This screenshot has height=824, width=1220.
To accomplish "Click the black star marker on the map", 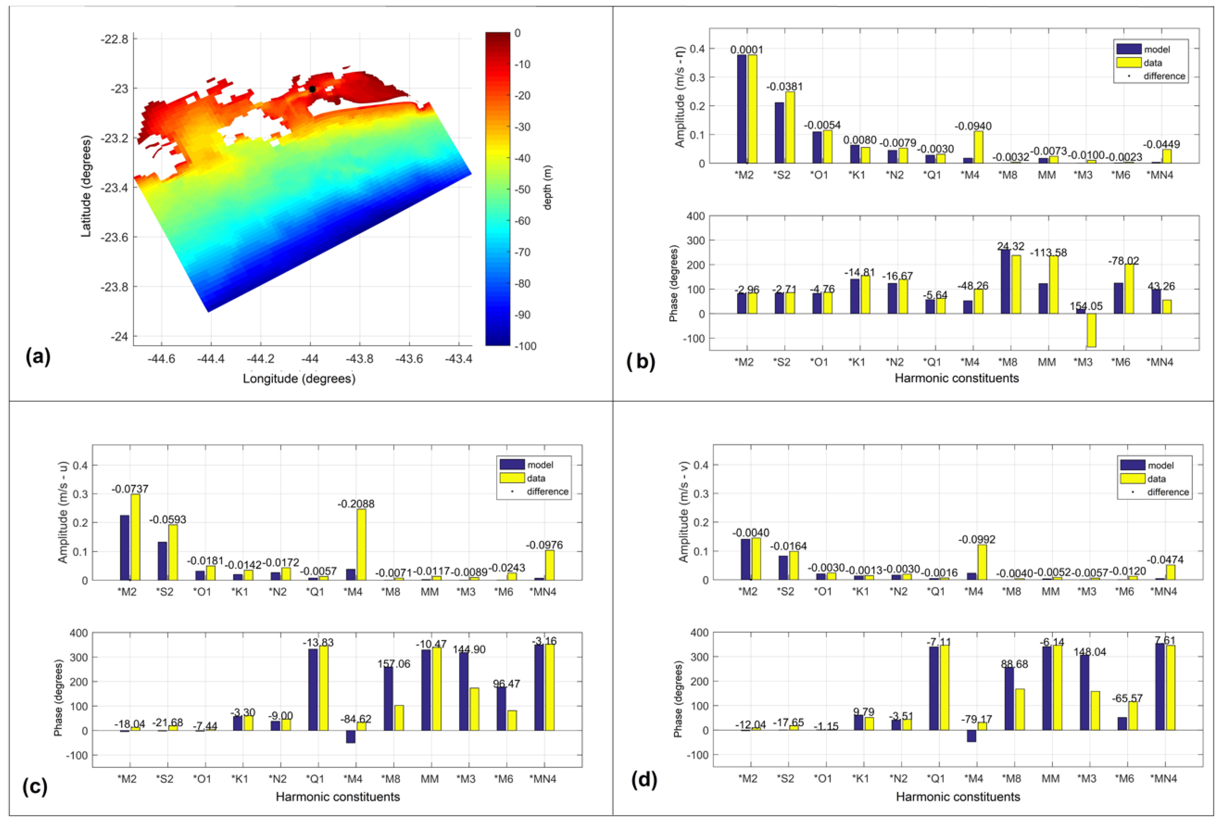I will point(312,89).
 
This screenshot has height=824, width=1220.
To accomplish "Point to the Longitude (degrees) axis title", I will point(299,379).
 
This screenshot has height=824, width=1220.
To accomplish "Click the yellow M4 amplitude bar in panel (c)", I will point(361,544).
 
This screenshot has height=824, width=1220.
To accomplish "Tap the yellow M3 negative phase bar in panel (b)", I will point(1091,330).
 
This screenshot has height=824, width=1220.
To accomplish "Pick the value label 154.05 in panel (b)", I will point(1086,306).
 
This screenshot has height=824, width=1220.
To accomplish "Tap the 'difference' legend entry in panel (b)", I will point(1164,76).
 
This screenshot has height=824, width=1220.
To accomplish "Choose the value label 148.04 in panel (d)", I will point(1090,652).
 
